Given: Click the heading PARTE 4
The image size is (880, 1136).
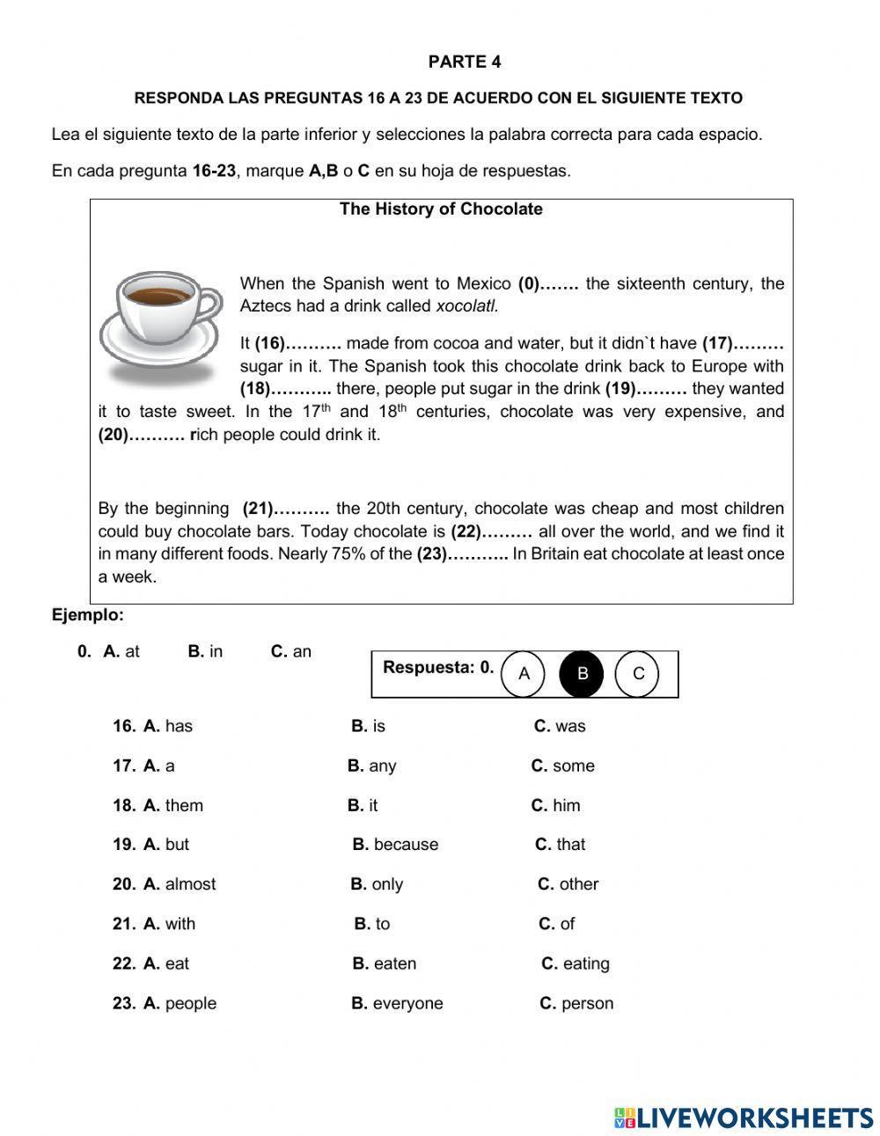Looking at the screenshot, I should (x=465, y=62).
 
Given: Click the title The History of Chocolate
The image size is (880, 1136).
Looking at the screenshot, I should (x=441, y=209).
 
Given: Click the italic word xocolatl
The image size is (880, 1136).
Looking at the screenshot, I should (x=467, y=306).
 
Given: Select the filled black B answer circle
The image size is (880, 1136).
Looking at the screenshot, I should (x=582, y=674).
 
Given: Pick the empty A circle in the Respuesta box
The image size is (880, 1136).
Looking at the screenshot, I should (x=524, y=674).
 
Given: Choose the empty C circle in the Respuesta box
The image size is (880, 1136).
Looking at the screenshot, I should (x=639, y=674).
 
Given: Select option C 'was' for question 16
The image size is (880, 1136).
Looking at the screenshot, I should (x=561, y=726).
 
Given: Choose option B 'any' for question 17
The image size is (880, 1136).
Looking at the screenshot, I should (x=372, y=766).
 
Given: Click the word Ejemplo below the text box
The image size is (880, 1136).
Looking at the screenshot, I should (x=88, y=615).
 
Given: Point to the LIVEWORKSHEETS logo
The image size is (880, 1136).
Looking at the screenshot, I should (x=744, y=1118).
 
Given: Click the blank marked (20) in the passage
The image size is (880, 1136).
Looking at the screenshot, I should (x=141, y=435).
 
